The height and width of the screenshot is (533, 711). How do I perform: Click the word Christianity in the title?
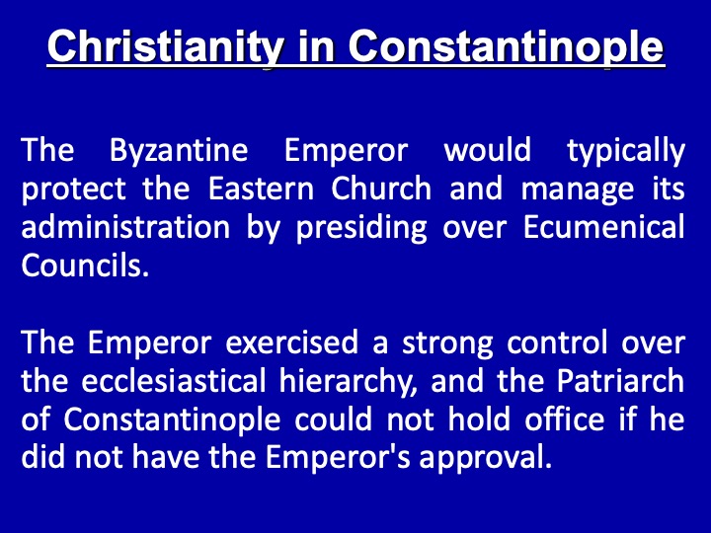166,47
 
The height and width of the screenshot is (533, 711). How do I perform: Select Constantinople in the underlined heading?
506,47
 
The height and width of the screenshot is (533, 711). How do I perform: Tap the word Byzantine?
179,151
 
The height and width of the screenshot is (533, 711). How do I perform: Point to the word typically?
626,151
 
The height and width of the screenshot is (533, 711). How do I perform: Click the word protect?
73,190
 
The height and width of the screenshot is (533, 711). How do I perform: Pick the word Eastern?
261,189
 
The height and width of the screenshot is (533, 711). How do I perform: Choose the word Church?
381,189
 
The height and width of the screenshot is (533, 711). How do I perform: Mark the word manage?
578,190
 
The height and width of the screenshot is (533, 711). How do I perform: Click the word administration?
125,227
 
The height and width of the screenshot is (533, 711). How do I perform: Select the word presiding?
361,229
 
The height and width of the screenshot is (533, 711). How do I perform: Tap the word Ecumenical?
604,227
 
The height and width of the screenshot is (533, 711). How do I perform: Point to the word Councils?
85,266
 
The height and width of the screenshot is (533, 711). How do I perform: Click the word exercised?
292,343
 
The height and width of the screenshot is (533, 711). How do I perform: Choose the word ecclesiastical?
173,381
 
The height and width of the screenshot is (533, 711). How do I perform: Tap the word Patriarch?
620,381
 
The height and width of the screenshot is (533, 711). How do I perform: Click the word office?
565,419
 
